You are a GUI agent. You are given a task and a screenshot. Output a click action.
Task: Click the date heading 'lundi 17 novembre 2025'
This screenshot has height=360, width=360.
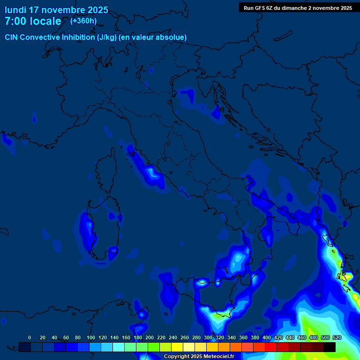(56, 10)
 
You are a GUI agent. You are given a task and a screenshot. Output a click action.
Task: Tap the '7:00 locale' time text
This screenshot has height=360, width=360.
(33, 21)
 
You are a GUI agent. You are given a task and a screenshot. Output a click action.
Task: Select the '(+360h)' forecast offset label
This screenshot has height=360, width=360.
(83, 21)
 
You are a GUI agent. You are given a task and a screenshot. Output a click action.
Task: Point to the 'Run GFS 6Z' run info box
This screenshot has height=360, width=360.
(298, 7)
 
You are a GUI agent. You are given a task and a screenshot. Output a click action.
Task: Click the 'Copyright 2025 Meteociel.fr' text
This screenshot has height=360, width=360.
(199, 356)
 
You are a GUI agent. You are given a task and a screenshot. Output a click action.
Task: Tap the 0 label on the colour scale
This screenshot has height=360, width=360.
(30, 337)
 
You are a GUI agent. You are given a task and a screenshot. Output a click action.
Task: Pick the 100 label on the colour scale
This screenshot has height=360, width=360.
(91, 337)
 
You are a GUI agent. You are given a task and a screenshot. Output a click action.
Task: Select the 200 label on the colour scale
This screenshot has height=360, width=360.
(150, 337)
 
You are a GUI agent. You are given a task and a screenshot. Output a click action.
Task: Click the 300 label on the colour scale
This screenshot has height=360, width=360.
(208, 337)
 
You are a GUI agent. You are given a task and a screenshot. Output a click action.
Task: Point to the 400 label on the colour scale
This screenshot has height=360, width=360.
(267, 337)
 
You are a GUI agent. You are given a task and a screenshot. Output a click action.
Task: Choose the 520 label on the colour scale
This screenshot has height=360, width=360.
(337, 337)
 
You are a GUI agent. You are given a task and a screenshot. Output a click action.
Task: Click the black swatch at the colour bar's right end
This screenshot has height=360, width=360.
(330, 347)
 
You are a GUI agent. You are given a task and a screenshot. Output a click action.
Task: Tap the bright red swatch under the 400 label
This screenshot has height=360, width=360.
(271, 347)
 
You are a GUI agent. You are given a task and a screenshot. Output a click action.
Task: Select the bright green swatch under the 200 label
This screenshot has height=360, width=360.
(154, 347)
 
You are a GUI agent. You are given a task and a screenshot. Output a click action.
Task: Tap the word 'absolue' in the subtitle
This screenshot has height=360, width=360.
(172, 37)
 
